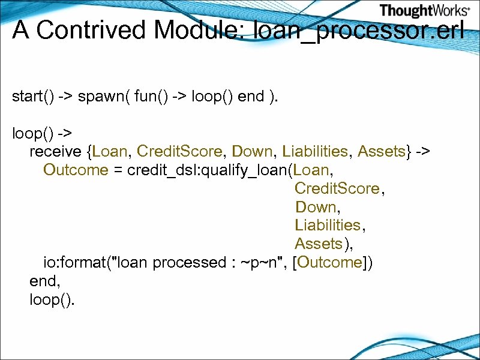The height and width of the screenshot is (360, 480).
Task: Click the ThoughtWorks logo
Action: (424, 11)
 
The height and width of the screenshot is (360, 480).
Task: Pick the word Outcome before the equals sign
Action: (76, 170)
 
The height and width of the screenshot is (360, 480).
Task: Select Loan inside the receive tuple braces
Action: (110, 151)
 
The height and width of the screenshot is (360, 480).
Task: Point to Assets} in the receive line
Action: (385, 151)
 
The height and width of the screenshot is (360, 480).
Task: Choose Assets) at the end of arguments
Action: (323, 244)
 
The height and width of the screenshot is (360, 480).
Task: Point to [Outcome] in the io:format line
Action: (332, 262)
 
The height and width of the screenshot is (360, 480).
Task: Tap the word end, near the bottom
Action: (45, 280)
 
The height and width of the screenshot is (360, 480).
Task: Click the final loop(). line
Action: (52, 299)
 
